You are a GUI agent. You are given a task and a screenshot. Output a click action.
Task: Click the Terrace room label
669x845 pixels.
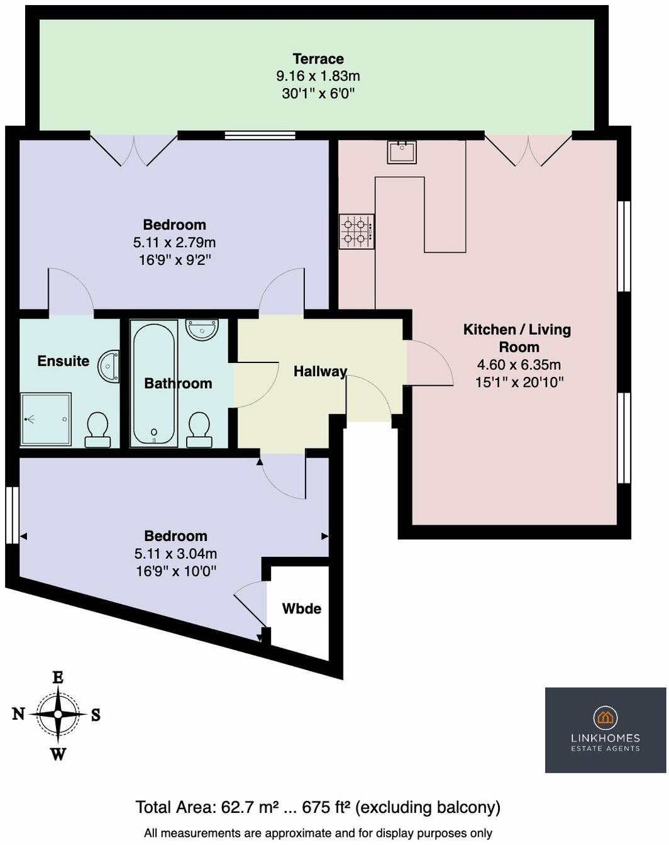pos(318,59)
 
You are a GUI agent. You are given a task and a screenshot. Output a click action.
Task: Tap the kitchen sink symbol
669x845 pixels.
pos(401,152)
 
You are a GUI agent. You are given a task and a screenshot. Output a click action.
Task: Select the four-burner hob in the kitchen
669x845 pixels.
pos(357,231)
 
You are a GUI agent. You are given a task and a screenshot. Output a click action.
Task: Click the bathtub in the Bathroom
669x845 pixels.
pos(153,383)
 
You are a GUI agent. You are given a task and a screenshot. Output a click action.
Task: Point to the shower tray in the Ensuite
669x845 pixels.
pos(45,419)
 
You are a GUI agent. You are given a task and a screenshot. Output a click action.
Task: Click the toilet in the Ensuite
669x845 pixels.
pos(97,429)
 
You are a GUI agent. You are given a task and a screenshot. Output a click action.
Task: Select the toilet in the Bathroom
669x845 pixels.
pos(199,429)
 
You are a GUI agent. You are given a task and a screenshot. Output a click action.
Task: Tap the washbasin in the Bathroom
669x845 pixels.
pos(202,329)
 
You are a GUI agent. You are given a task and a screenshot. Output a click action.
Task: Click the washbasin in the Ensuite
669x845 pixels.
pos(109,366)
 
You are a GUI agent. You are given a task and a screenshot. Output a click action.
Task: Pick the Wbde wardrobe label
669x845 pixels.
pos(301,608)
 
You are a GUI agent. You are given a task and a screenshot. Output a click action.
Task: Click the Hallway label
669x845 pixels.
pos(320,371)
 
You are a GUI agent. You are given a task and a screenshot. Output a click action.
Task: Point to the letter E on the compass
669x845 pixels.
pos(58,678)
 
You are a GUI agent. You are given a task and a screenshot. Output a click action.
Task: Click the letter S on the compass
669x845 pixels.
pos(96,715)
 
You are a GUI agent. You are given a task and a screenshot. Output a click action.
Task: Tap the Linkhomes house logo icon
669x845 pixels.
pos(605,717)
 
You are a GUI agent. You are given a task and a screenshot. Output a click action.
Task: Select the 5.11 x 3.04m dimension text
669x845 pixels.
pos(175,554)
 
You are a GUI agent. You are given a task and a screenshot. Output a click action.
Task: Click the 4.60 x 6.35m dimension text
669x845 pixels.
pos(519,364)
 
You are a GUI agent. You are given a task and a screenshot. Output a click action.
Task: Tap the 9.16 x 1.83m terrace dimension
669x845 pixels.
pos(318,76)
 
